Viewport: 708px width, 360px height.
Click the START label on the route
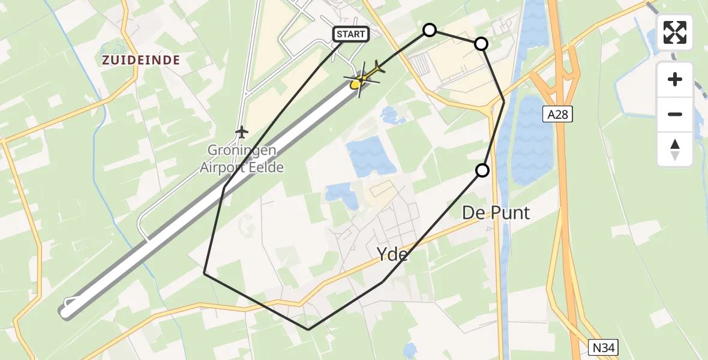351,34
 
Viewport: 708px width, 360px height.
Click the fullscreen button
675,32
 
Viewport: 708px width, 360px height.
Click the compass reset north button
675,149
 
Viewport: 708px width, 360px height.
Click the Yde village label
392,254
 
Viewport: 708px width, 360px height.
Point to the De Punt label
496,212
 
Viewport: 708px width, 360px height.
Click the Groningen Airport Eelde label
242,159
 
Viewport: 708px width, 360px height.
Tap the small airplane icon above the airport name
241,131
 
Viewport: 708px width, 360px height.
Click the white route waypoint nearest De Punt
482,170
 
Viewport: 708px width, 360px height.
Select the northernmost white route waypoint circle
430,30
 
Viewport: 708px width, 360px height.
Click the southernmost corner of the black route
308,329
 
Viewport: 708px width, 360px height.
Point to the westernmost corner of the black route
205,274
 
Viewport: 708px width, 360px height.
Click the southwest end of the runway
67,310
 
